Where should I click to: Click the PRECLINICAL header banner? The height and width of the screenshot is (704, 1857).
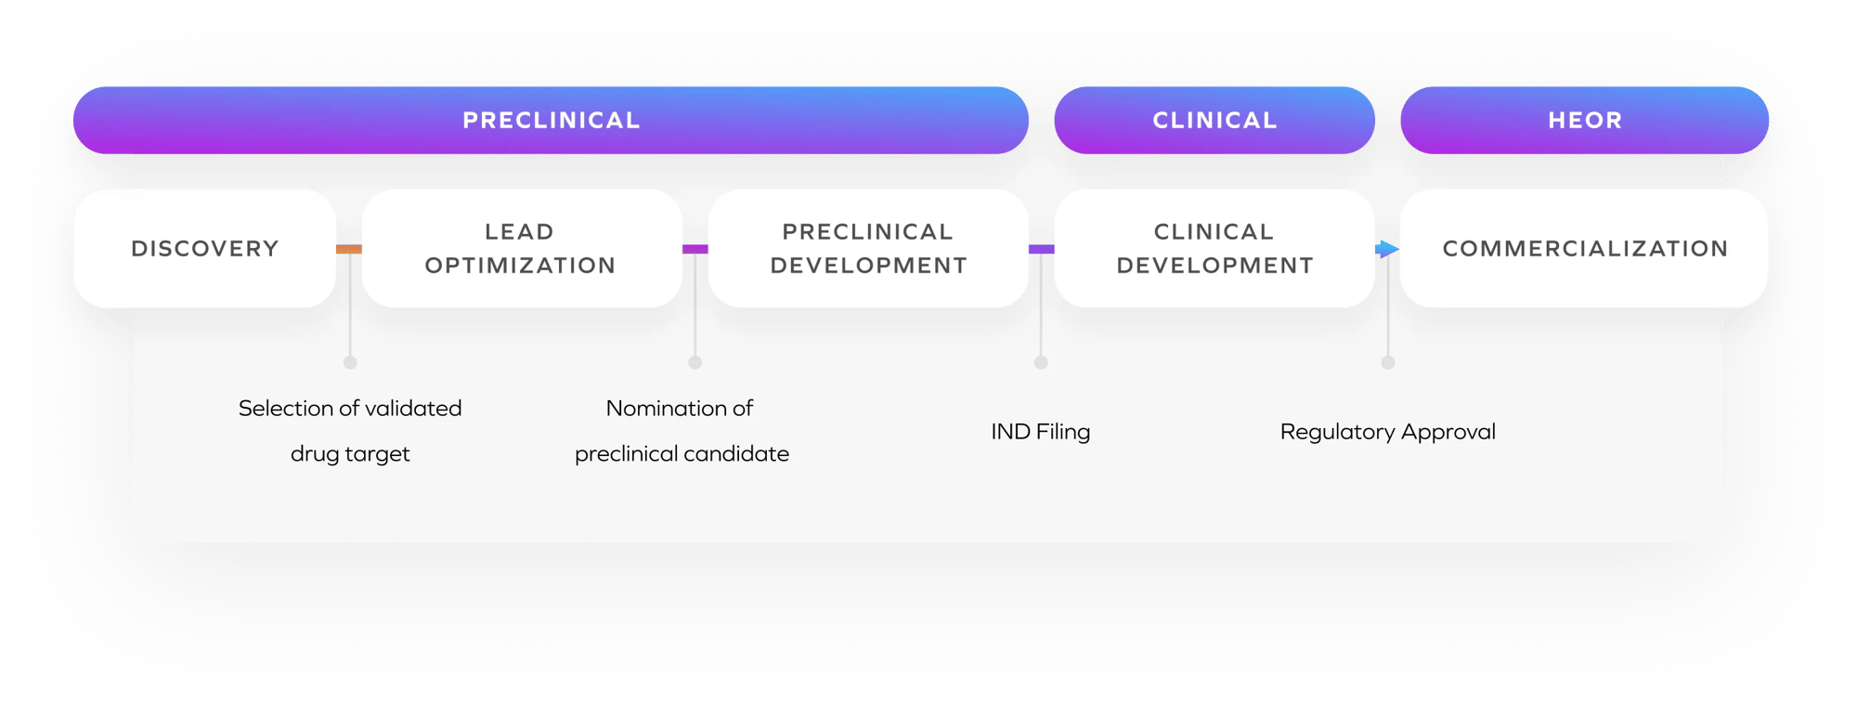click(551, 120)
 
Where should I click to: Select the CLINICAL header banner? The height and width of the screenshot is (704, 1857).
click(1214, 120)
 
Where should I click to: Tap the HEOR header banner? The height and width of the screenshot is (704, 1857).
click(1584, 120)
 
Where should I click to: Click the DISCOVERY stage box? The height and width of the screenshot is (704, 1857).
click(204, 248)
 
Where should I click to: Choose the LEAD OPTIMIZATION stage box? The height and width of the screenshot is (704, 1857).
click(521, 248)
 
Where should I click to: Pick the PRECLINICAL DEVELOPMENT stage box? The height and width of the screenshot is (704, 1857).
click(868, 248)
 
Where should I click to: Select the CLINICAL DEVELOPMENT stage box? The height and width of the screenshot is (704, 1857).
click(1214, 248)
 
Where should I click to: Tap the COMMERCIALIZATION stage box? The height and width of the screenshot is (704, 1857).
click(1584, 248)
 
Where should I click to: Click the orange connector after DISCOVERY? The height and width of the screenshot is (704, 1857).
click(349, 249)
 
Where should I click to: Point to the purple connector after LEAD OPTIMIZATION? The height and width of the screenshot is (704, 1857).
click(695, 249)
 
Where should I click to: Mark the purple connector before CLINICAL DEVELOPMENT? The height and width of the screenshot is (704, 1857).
click(1042, 249)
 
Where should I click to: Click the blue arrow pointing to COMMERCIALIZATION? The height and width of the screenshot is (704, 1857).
click(1387, 249)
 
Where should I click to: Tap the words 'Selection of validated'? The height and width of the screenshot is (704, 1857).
click(350, 408)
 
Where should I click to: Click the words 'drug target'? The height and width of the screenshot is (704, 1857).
click(350, 454)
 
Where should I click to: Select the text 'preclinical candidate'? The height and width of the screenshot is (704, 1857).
click(682, 454)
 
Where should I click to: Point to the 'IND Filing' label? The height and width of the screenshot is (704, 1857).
click(1040, 432)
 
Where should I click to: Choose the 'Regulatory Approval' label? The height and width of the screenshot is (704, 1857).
click(1387, 432)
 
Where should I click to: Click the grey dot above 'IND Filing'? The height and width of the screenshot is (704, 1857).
click(1041, 362)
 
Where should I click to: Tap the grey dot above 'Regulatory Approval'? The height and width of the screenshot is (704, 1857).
click(1388, 362)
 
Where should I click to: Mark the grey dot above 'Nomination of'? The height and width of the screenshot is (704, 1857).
click(695, 362)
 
